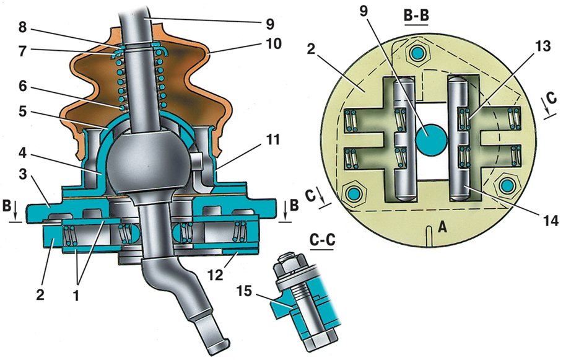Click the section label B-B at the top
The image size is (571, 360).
(x=417, y=15)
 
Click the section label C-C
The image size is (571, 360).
(x=322, y=240)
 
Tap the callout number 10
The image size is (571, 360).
(x=273, y=43)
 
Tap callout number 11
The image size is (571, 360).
(x=273, y=139)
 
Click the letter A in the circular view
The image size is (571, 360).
(x=442, y=228)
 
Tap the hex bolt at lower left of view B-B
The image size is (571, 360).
(x=353, y=193)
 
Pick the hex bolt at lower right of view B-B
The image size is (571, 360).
(x=507, y=186)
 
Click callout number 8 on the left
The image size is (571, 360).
(x=22, y=28)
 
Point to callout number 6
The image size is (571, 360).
(x=22, y=86)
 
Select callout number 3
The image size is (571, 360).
(x=22, y=174)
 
